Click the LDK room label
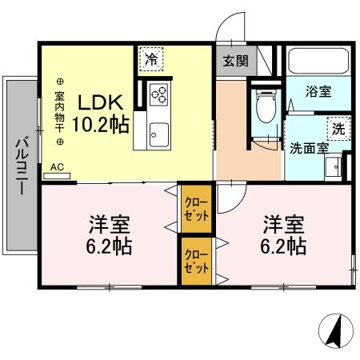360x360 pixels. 101,103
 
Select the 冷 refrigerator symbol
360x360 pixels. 150,57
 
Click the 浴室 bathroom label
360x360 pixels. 318,92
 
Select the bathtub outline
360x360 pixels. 318,62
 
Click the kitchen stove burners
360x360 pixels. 158,94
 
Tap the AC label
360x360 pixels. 57,167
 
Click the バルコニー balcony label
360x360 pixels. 21,165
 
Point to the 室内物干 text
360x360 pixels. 60,111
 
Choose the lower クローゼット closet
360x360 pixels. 195,262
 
